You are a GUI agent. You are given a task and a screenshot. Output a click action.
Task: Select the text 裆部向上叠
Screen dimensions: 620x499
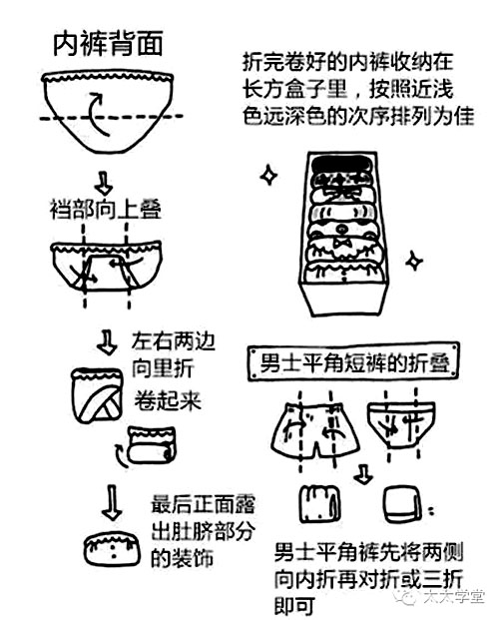(x=105, y=211)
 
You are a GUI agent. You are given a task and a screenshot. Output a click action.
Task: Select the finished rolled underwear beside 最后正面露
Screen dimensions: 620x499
(x=113, y=550)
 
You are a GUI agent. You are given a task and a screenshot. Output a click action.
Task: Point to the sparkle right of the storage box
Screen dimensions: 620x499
(x=412, y=262)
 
